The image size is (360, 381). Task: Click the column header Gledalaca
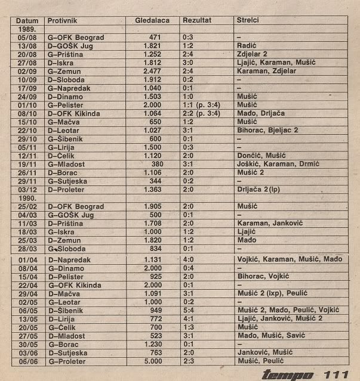point(152,20)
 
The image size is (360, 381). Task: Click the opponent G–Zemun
point(65,71)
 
